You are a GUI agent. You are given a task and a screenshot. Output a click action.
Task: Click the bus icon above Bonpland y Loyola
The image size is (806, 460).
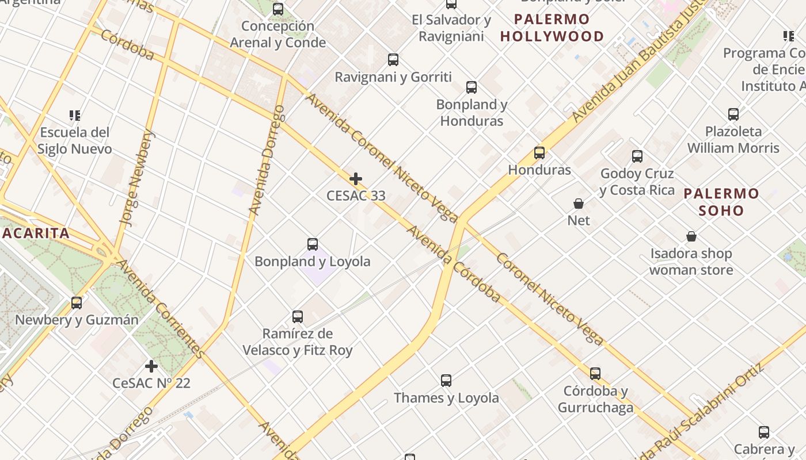click(313, 244)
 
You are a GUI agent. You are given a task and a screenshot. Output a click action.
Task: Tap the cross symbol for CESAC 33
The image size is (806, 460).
click(356, 179)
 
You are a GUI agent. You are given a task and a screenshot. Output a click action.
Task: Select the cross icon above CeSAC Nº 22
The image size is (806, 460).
click(151, 366)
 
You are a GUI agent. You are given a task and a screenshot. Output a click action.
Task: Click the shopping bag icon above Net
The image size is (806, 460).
click(579, 204)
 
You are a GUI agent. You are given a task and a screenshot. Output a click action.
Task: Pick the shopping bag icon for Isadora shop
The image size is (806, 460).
click(691, 236)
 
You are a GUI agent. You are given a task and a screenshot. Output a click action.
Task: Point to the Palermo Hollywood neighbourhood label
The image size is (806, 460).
click(552, 28)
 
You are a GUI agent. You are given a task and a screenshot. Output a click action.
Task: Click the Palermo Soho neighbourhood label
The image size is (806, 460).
click(721, 202)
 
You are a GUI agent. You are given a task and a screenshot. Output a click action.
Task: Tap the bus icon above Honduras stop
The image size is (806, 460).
click(539, 153)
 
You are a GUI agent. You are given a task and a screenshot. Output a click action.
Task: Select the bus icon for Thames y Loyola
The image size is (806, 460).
click(446, 381)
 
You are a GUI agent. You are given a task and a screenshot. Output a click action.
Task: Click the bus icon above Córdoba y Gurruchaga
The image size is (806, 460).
click(595, 374)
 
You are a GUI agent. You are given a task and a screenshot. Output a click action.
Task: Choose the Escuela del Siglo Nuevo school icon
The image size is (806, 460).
click(74, 116)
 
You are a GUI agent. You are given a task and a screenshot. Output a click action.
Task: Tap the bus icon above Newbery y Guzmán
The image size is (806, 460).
click(77, 303)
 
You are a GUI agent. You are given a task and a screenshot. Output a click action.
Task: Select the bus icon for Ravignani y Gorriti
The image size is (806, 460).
click(393, 60)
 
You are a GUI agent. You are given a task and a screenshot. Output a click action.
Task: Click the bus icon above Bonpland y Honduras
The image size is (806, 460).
click(472, 87)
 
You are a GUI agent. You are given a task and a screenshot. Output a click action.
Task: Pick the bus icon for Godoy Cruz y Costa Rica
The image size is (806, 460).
click(637, 156)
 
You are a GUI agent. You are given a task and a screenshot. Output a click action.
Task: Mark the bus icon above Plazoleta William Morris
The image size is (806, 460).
click(733, 114)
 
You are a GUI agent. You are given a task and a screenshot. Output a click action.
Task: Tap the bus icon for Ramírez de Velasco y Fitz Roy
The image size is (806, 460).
click(298, 317)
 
